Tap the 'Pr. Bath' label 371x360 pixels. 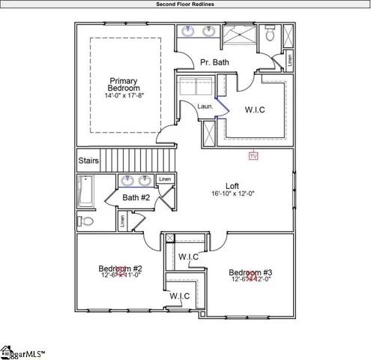(214, 62)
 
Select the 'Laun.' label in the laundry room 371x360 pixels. (205, 106)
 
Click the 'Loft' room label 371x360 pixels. (232, 186)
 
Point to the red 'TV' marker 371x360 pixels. (253, 156)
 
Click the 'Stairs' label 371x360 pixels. (88, 160)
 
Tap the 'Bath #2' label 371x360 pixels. (137, 197)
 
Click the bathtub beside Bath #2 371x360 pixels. (85, 192)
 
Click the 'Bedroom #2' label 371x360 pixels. (120, 268)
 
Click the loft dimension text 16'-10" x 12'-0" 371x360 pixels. (232, 194)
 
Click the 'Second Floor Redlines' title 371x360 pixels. (185, 4)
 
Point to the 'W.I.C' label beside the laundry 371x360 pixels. (255, 109)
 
